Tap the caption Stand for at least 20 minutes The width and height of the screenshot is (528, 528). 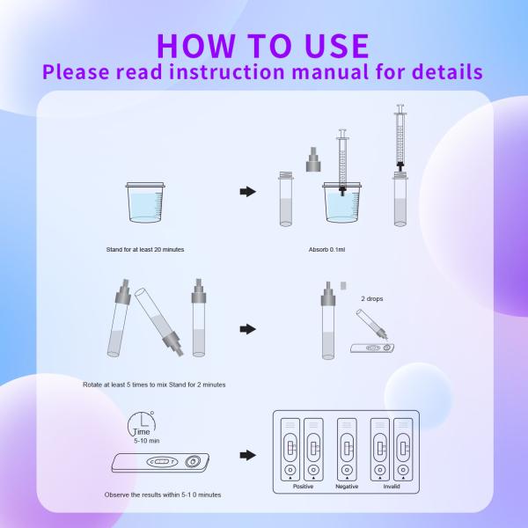pyautogui.click(x=145, y=250)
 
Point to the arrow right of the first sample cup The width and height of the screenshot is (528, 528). pyautogui.click(x=248, y=191)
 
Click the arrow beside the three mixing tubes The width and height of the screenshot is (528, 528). pyautogui.click(x=248, y=329)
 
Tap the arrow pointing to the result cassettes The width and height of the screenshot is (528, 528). pyautogui.click(x=248, y=455)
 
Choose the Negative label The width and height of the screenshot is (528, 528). pyautogui.click(x=347, y=486)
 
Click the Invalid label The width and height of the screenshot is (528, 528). pyautogui.click(x=392, y=486)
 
